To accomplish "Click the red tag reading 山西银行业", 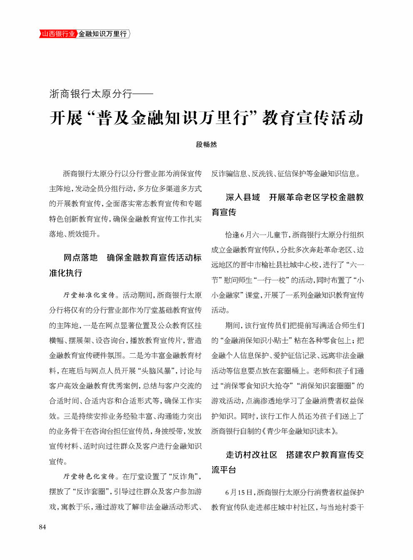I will tap(58, 34).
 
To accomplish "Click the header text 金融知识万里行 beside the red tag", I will tap(103, 34).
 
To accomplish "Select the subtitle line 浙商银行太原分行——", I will tap(101, 94).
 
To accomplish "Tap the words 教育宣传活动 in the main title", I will tap(313, 118).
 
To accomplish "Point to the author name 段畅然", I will tap(206, 144).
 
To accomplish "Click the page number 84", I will tap(42, 527).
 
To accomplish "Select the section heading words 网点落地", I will tap(80, 258).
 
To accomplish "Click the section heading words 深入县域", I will tap(243, 197).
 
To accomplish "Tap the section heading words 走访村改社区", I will tap(251, 455).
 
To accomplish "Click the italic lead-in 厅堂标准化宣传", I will tap(89, 295).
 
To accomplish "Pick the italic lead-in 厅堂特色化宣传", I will tap(89, 476).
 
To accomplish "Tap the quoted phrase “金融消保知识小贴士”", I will tap(256, 340).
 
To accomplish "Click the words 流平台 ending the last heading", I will tap(224, 470).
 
